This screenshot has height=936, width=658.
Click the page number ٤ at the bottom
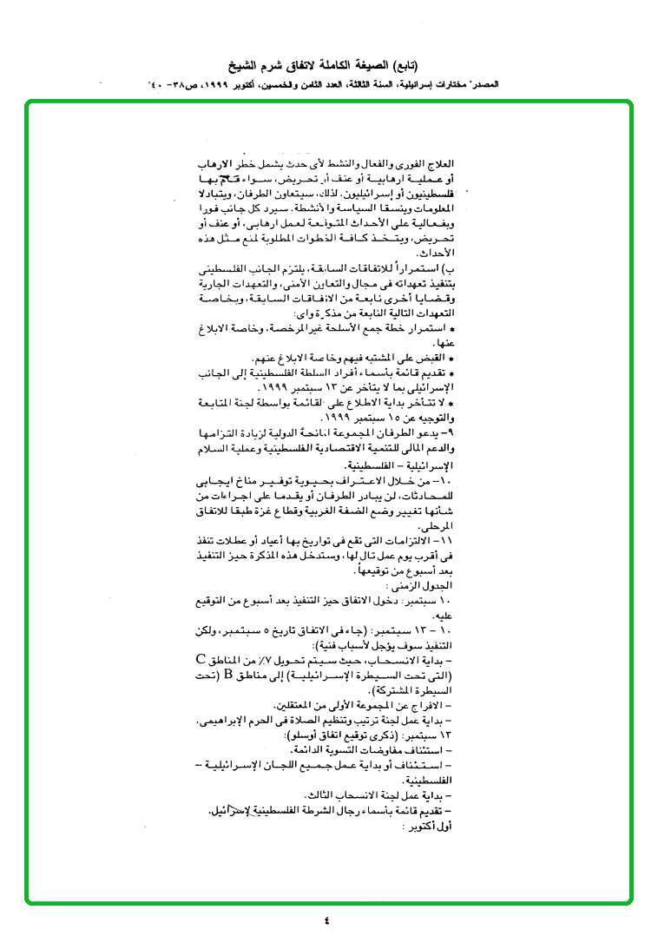click(x=327, y=920)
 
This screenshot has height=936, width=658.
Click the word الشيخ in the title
click(x=244, y=65)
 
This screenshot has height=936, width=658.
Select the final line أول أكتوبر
click(x=438, y=825)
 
